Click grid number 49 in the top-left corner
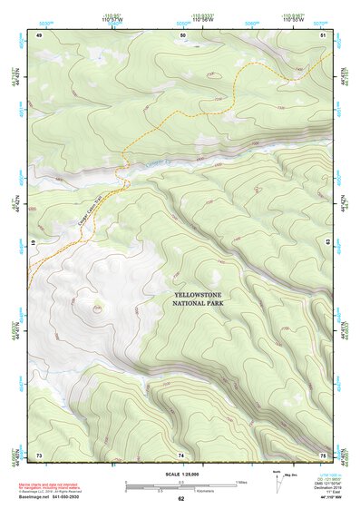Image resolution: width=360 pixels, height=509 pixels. (x=39, y=34)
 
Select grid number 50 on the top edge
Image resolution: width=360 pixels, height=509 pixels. (x=183, y=34)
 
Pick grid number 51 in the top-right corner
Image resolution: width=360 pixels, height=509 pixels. (x=324, y=34)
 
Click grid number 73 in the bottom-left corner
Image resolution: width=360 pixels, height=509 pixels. (x=39, y=455)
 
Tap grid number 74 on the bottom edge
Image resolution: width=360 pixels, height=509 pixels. (x=181, y=455)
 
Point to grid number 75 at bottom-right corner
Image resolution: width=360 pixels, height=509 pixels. (x=324, y=455)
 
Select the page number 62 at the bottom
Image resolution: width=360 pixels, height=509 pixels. (x=180, y=499)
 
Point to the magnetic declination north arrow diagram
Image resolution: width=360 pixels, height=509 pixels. (x=277, y=481)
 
